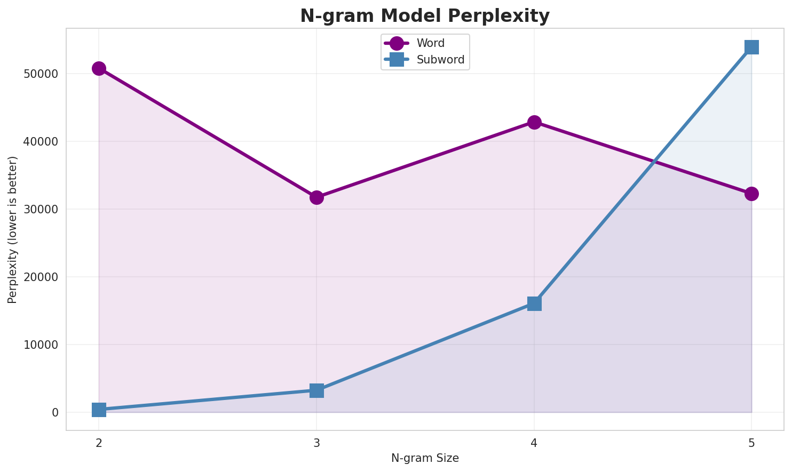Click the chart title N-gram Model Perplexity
click(424, 16)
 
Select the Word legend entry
click(430, 43)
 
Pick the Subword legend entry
click(440, 60)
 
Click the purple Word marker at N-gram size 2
click(99, 68)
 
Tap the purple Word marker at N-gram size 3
click(316, 197)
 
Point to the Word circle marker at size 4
click(534, 122)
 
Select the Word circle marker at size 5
click(751, 194)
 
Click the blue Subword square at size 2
click(99, 410)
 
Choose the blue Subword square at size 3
click(316, 390)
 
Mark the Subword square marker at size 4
click(534, 303)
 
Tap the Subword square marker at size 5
click(751, 47)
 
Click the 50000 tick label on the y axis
click(41, 74)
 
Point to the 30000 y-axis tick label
click(41, 209)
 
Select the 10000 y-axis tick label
click(41, 345)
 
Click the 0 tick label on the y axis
click(56, 412)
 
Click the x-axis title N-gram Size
click(425, 458)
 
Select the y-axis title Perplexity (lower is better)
click(13, 229)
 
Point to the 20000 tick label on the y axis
click(41, 277)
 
